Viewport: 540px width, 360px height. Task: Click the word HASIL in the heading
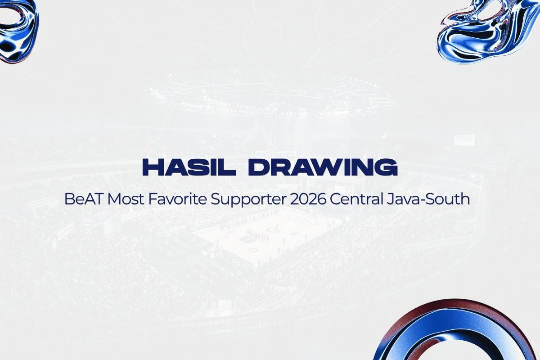189,167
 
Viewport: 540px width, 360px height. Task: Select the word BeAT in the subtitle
83,199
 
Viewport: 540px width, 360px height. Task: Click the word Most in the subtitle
126,199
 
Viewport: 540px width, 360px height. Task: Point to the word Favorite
177,199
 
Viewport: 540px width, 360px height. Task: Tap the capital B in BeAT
69,199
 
